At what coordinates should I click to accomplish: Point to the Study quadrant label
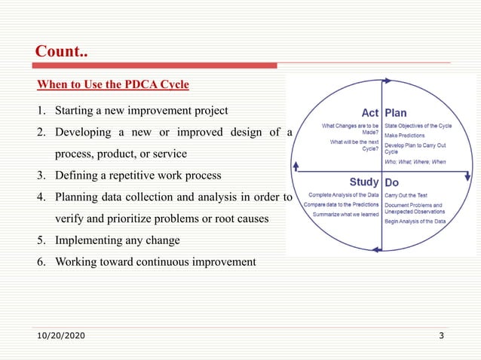(364, 182)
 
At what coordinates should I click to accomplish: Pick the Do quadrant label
(392, 182)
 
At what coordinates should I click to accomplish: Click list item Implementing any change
(115, 240)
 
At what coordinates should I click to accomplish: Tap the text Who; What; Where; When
(415, 161)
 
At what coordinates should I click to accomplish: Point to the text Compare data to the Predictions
(342, 205)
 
